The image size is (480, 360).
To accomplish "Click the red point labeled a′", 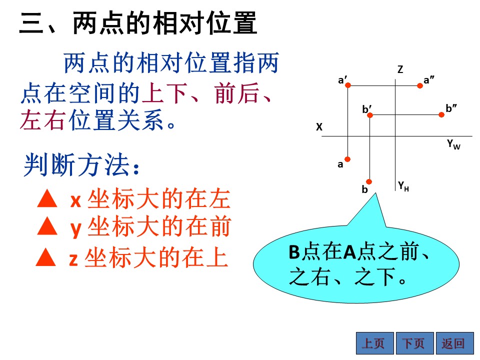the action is (348, 85).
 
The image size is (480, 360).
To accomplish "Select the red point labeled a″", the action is (420, 85).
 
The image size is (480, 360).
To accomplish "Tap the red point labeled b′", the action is (370, 115).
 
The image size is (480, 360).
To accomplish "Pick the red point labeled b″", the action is (441, 115).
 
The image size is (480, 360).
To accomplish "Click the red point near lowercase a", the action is (347, 159).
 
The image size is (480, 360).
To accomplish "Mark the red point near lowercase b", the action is (369, 181).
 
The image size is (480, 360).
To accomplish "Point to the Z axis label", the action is (400, 69).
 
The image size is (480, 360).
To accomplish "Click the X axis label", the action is (319, 126).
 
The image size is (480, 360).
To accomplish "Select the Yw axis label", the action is (453, 144).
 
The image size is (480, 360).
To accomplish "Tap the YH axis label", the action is (403, 186).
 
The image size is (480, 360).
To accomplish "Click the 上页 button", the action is (374, 343).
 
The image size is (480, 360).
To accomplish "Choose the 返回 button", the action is (454, 343).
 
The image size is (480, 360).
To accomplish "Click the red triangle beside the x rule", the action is (47, 198).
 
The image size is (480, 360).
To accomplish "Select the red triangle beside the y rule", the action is (47, 226).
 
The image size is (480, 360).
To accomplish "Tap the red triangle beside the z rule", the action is (46, 256).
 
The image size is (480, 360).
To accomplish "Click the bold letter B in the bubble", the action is (294, 252).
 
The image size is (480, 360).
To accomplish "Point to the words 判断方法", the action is (76, 165).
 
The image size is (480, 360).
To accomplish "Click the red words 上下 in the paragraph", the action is (164, 93).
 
